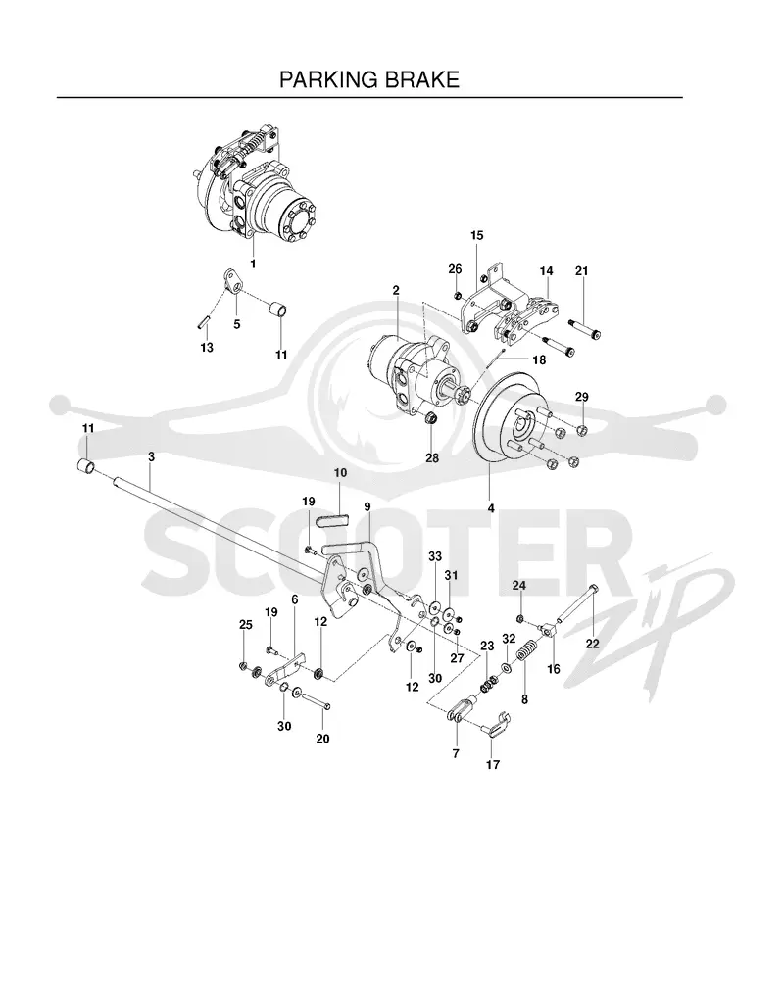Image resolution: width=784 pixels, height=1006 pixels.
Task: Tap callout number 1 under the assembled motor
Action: point(253,263)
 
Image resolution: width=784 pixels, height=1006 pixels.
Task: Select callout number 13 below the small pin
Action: point(207,347)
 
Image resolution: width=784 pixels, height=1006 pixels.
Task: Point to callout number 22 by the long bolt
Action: point(592,643)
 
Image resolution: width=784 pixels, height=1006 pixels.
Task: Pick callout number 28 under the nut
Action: point(432,458)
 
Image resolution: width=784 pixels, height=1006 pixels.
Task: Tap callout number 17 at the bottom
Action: point(493,764)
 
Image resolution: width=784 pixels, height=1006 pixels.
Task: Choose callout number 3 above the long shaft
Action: point(151,456)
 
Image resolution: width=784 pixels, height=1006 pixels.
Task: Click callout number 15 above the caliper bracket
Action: point(476,235)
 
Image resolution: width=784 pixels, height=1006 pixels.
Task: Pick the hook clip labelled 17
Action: point(496,721)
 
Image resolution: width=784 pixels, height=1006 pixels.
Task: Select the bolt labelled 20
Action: point(316,700)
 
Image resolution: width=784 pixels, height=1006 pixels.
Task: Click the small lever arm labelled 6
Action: point(285,668)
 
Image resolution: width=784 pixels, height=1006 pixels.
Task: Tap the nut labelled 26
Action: point(457,295)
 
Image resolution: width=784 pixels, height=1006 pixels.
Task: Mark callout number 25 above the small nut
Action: point(246,624)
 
